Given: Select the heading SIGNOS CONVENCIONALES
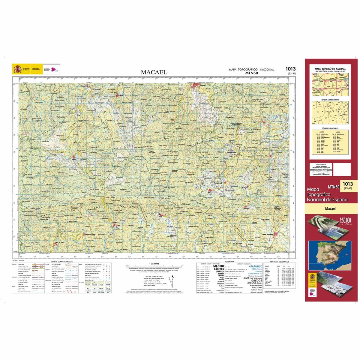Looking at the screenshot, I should [62, 262].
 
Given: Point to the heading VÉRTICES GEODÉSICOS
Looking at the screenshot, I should [280, 262].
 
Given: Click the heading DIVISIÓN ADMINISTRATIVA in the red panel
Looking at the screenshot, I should [330, 99].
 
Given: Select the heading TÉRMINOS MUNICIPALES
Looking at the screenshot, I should [330, 128].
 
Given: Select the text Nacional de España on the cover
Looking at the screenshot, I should [327, 199].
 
